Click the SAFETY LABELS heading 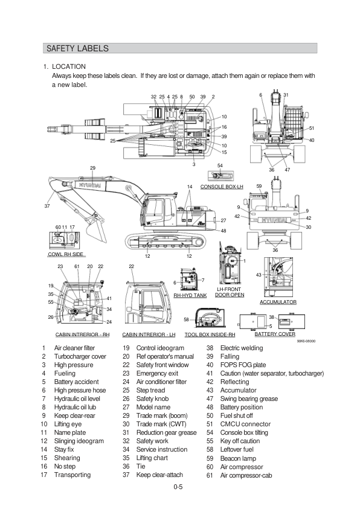(x=77, y=48)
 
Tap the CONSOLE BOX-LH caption (x=222, y=187)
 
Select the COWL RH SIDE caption (x=66, y=254)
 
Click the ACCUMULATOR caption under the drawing (x=278, y=302)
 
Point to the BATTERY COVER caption (x=275, y=334)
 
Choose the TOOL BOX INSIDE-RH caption (x=210, y=335)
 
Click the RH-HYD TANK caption (x=190, y=295)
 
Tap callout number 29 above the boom (x=93, y=168)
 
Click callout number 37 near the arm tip (x=47, y=206)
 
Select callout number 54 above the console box (x=220, y=165)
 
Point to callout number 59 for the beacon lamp (x=259, y=186)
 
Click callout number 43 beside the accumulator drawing (x=259, y=275)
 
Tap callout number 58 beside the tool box (x=186, y=320)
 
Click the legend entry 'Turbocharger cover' (x=80, y=356)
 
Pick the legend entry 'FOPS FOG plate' (x=243, y=365)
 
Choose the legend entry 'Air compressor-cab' (x=246, y=475)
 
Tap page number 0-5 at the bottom (x=178, y=487)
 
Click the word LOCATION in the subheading (x=69, y=66)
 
